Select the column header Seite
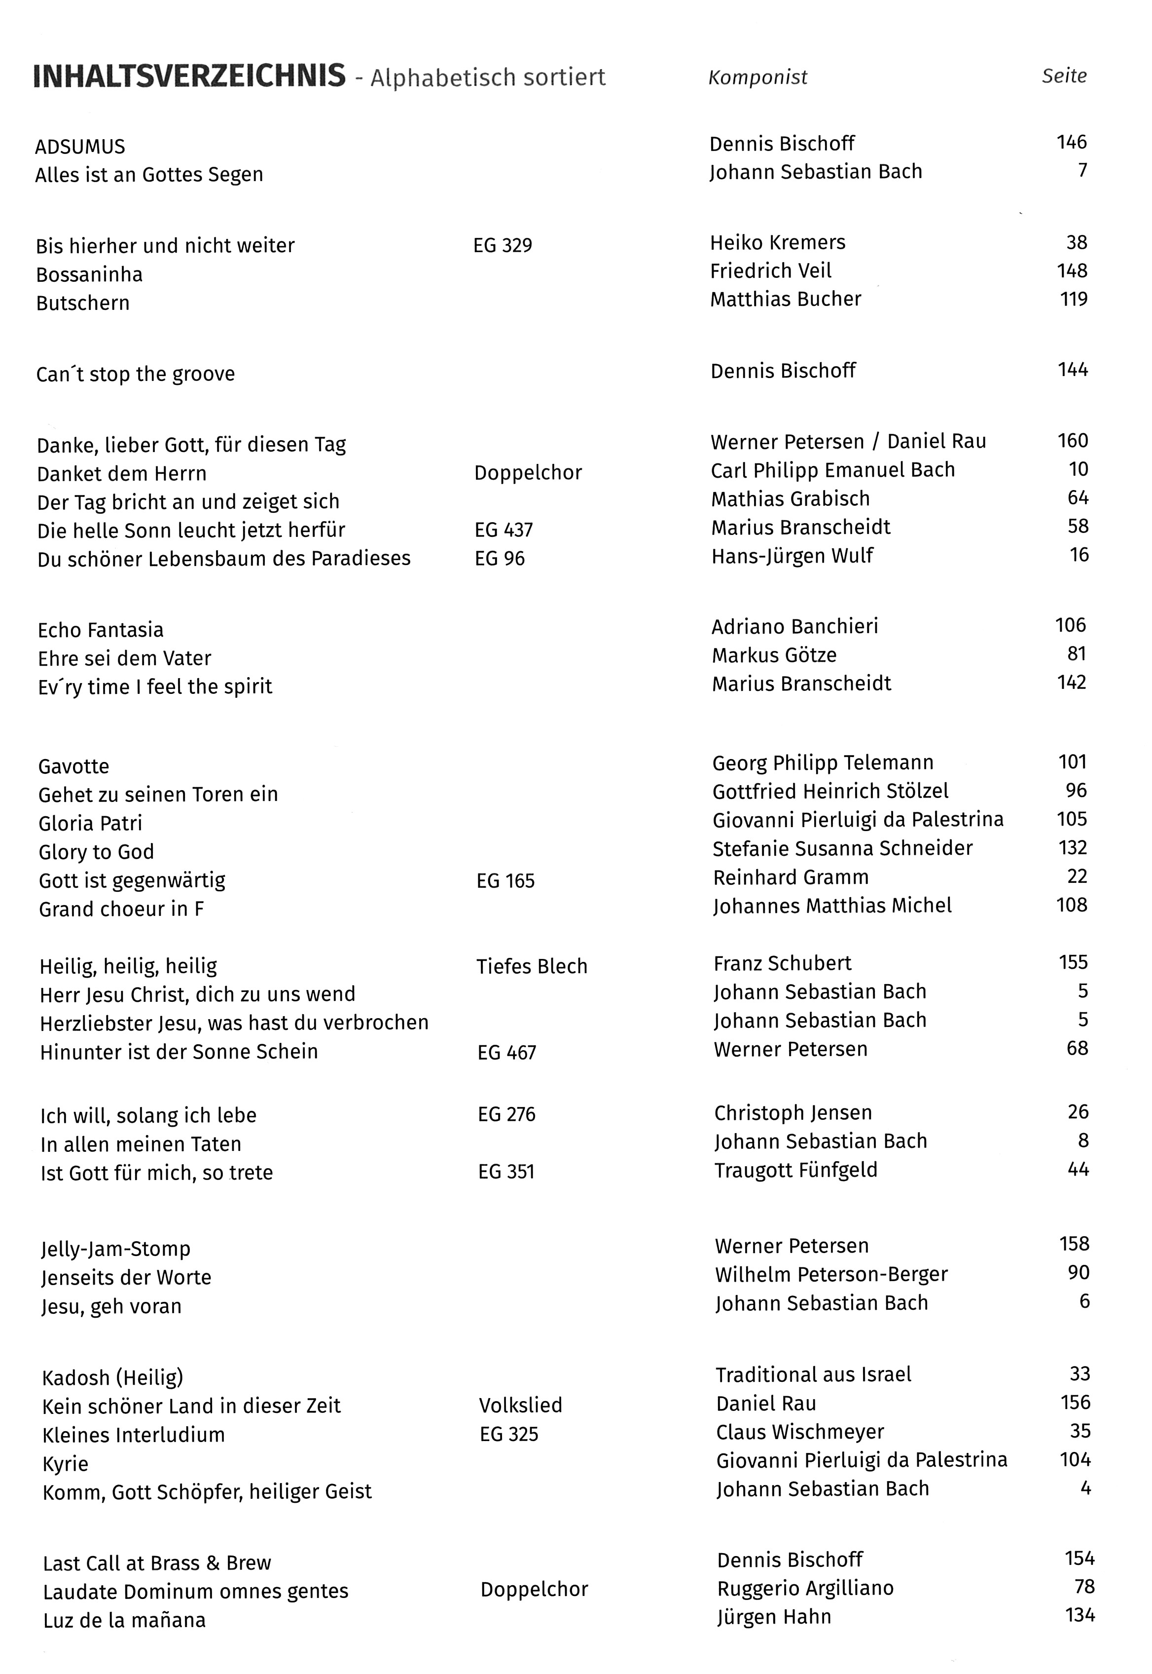coord(1064,76)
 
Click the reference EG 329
coord(503,246)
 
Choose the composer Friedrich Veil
coord(770,271)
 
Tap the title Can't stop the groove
coord(136,374)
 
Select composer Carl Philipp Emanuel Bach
coord(832,470)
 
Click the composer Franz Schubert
coord(783,963)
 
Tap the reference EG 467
coord(506,1052)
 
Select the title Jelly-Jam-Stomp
coord(115,1249)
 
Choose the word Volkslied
coord(520,1406)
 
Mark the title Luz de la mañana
coord(124,1620)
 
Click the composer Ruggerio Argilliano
coord(805,1588)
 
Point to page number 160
coord(1073,441)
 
